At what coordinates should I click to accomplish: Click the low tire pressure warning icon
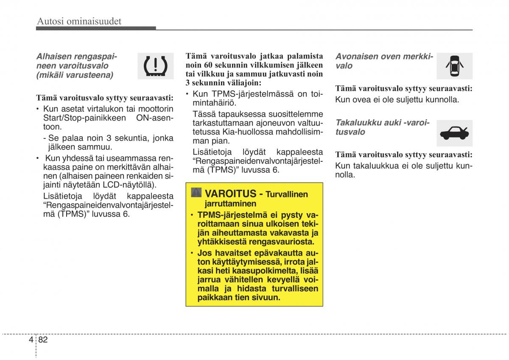[156, 66]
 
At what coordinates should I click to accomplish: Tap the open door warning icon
[454, 66]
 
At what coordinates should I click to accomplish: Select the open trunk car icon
[454, 133]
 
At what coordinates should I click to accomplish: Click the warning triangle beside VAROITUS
[196, 193]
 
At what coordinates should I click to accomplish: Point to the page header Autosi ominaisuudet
[79, 21]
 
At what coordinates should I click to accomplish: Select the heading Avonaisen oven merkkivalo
[383, 61]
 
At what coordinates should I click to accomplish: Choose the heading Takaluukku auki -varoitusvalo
[382, 127]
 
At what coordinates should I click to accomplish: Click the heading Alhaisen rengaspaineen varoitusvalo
[76, 65]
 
